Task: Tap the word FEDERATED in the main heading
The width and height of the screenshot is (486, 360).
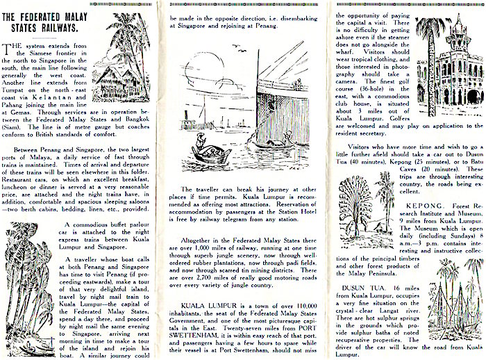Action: [42, 17]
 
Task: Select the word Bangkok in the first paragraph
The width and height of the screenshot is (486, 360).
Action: [137, 120]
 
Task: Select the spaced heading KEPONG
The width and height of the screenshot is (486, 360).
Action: [425, 206]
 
